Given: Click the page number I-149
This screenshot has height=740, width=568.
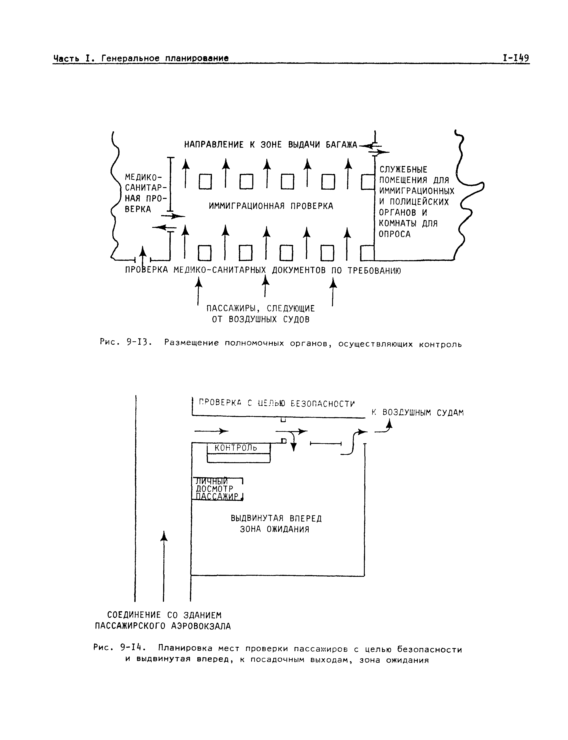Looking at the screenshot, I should (516, 58).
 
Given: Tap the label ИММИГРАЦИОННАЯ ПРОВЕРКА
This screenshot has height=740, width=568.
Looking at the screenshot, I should (271, 206).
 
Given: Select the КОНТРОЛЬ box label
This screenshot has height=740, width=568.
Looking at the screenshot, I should (236, 448).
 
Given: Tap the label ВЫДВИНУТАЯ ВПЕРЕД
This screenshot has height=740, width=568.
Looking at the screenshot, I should (276, 518).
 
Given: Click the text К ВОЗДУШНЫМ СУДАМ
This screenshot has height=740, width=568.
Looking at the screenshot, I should (418, 413).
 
